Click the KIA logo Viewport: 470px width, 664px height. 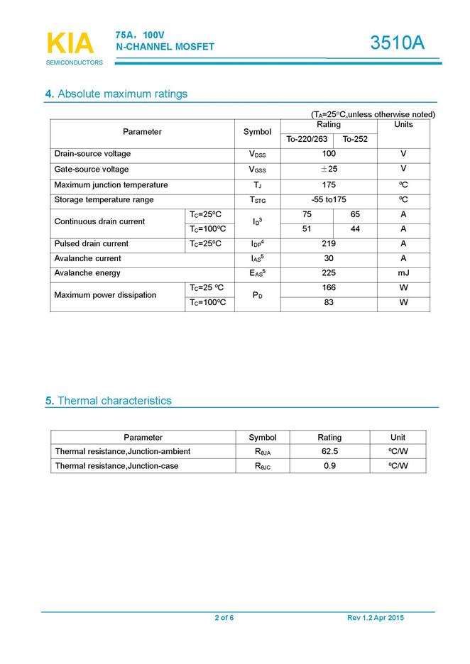[x=70, y=44]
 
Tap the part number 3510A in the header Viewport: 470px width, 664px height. [x=398, y=43]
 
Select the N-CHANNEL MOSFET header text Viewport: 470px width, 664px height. [x=165, y=47]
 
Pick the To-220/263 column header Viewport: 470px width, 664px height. [x=307, y=139]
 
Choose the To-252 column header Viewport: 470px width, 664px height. [x=355, y=139]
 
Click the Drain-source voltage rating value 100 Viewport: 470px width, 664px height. [x=329, y=154]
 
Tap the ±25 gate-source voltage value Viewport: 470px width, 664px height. [x=329, y=170]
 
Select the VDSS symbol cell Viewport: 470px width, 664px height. [x=258, y=155]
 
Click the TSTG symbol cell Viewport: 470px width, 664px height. [x=258, y=201]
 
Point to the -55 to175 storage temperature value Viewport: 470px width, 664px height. [x=329, y=200]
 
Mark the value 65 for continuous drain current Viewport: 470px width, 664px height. [x=355, y=214]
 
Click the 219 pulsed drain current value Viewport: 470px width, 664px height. [x=329, y=244]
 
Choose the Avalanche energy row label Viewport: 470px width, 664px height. [x=87, y=273]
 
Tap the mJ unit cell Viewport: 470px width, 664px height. [x=403, y=273]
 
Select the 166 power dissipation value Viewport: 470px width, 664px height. [x=329, y=288]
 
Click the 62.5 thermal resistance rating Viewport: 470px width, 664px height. [x=329, y=451]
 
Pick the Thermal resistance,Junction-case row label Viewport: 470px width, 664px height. [x=116, y=466]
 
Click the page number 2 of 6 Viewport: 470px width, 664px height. [x=224, y=618]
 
